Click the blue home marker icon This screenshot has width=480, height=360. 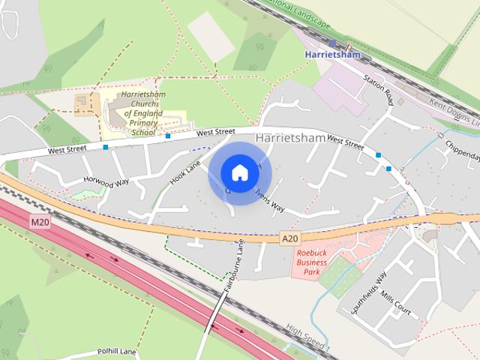pyautogui.click(x=239, y=172)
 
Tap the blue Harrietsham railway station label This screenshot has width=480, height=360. pyautogui.click(x=332, y=55)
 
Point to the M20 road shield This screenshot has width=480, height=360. pyautogui.click(x=40, y=223)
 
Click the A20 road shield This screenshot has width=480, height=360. pyautogui.click(x=290, y=238)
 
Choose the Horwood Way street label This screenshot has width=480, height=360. pyautogui.click(x=106, y=181)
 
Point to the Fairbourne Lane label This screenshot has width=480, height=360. pyautogui.click(x=233, y=266)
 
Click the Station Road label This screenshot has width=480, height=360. pyautogui.click(x=379, y=89)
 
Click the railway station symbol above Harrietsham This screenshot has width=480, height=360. pyautogui.click(x=332, y=43)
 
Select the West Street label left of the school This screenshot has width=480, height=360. pyautogui.click(x=67, y=150)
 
